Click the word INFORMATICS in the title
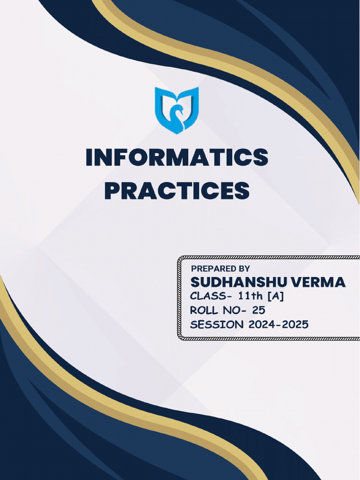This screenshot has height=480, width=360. (x=177, y=158)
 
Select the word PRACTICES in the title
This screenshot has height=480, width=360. (x=177, y=191)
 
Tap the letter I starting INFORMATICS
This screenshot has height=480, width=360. (x=90, y=158)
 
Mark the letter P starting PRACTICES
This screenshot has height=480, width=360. (x=112, y=191)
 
